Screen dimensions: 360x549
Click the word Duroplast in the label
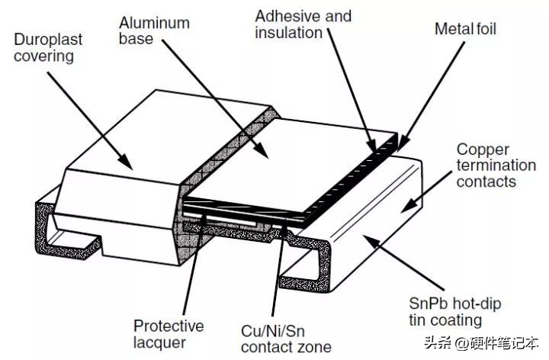pyautogui.click(x=48, y=38)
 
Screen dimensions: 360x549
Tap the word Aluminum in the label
pyautogui.click(x=154, y=23)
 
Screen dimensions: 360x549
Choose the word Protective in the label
pyautogui.click(x=169, y=326)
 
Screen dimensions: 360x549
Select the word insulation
pyautogui.click(x=287, y=32)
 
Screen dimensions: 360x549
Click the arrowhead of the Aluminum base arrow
pyautogui.click(x=269, y=157)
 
